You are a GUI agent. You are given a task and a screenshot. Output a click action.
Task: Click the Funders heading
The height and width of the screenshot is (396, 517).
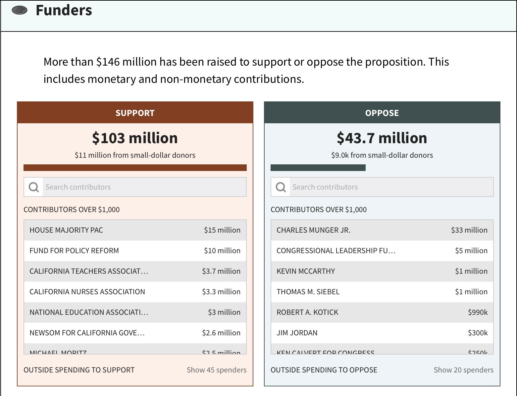click(64, 10)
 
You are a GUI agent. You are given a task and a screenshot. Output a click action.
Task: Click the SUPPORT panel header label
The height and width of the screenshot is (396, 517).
click(135, 113)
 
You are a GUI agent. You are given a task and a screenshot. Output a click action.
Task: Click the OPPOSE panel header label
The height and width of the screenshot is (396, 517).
click(382, 113)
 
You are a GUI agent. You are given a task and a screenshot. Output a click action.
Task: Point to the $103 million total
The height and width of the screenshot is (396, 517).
click(135, 138)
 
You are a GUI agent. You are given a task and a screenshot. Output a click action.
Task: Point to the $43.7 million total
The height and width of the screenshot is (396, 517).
click(382, 138)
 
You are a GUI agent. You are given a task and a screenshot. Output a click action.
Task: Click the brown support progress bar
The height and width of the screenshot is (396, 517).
click(135, 168)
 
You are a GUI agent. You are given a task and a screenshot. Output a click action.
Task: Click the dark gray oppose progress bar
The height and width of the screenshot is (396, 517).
click(318, 168)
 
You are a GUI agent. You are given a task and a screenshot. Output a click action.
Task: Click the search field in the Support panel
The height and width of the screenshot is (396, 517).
click(144, 187)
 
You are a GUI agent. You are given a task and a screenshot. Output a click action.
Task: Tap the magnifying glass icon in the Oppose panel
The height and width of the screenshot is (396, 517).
click(281, 187)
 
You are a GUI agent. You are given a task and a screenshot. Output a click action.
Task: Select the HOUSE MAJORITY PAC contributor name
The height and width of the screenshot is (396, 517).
click(66, 230)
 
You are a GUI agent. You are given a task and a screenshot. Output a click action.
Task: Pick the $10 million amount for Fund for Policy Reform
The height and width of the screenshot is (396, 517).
click(222, 251)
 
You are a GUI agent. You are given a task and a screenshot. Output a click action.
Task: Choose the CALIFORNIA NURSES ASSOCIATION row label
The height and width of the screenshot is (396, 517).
click(87, 292)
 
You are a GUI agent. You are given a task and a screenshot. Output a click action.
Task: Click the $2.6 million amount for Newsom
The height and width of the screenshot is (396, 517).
click(221, 333)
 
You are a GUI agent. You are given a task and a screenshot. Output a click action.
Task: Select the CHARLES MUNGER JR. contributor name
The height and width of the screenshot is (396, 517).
click(313, 230)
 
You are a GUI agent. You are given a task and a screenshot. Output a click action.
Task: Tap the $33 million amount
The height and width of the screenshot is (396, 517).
click(469, 230)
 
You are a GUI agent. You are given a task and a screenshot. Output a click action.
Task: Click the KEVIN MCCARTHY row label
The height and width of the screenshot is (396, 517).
click(306, 271)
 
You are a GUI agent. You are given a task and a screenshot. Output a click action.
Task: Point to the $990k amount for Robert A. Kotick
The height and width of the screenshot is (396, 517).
click(478, 312)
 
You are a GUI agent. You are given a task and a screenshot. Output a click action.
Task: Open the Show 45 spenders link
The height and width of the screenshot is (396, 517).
click(216, 370)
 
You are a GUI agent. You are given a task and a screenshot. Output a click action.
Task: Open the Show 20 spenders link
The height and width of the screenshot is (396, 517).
click(463, 370)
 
